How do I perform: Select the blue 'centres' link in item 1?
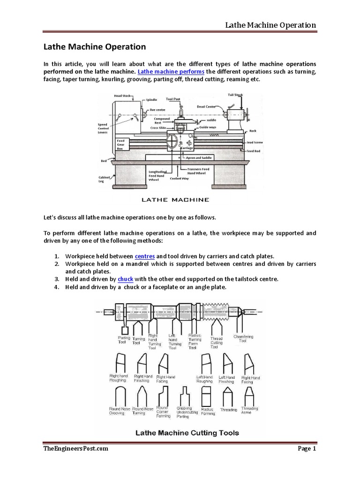pyautogui.click(x=145, y=256)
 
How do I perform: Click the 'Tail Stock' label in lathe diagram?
pyautogui.click(x=235, y=95)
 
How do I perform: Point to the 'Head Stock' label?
pyautogui.click(x=122, y=96)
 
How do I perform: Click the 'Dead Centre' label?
pyautogui.click(x=206, y=107)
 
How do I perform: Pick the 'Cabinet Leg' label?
pyautogui.click(x=105, y=179)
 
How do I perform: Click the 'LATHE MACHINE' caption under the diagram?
pyautogui.click(x=175, y=199)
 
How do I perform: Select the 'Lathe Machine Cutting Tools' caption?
pyautogui.click(x=180, y=433)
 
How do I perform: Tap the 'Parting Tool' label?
pyautogui.click(x=124, y=339)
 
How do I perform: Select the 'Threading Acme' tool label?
pyautogui.click(x=249, y=411)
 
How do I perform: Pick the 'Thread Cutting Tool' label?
pyautogui.click(x=216, y=342)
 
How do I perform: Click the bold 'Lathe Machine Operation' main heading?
pyautogui.click(x=95, y=47)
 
